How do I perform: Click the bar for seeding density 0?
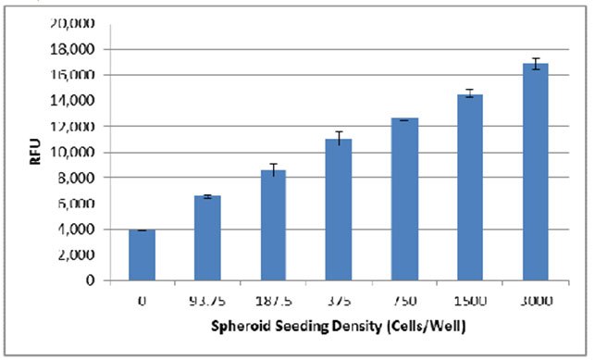142,254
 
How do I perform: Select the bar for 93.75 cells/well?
207,238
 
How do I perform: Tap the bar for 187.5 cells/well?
273,225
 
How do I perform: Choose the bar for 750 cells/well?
404,199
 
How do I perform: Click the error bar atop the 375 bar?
339,138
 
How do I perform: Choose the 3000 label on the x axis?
536,299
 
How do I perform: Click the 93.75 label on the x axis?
207,299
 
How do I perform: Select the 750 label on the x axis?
404,299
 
